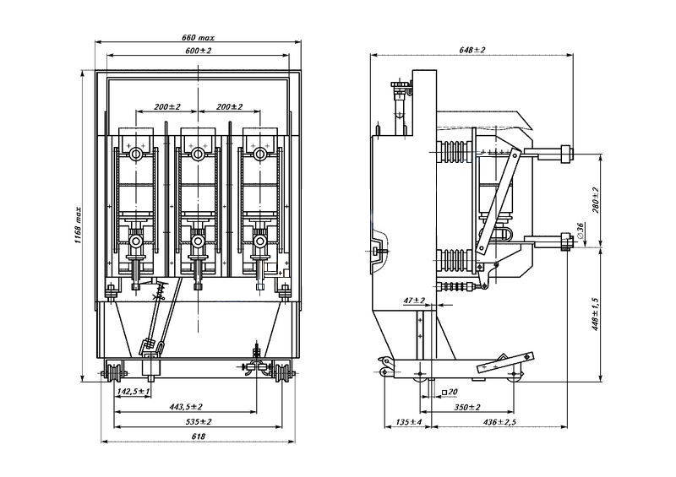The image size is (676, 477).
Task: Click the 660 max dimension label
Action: point(198,37)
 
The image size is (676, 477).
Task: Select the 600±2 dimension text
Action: point(199,51)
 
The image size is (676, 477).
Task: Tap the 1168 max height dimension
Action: point(78,225)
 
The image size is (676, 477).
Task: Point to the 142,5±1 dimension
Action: point(134,391)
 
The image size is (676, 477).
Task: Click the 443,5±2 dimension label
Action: point(186,406)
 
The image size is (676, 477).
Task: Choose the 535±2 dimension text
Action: point(199,421)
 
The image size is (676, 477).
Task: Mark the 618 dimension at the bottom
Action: point(198,436)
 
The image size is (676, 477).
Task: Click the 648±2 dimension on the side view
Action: point(472,50)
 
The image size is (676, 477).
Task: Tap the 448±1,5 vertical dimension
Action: point(596,314)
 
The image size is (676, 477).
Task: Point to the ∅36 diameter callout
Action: point(580,231)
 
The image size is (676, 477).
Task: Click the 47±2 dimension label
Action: point(414,301)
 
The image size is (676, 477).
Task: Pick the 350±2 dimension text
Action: point(467,407)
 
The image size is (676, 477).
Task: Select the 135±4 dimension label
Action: point(409,422)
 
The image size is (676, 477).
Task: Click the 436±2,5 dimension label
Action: point(499,422)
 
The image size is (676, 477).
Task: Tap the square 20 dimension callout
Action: point(450,392)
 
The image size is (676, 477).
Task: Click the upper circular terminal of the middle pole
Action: point(198,154)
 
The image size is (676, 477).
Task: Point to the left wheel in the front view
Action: point(115,373)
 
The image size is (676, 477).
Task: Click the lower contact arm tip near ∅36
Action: point(566,241)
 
